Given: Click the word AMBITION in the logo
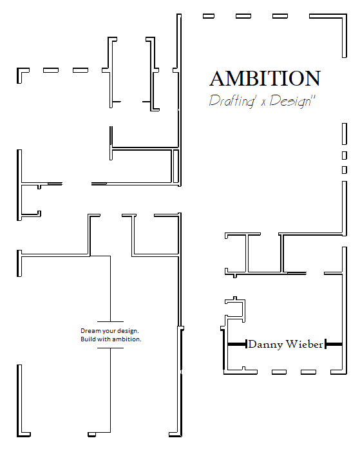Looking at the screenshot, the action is tap(265, 79).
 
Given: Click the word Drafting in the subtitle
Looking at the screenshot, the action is tap(232, 101).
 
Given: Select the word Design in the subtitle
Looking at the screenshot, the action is tap(290, 101).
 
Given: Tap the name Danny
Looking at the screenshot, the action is tap(265, 345).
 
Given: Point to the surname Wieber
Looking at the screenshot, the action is tap(304, 344).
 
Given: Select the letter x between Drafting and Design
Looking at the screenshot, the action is tap(263, 102).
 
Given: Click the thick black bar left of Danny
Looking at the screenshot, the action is tap(237, 345).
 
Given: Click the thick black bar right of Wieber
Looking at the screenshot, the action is tap(334, 345).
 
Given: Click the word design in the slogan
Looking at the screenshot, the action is tap(128, 331).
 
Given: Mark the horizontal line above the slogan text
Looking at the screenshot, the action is tap(110, 321).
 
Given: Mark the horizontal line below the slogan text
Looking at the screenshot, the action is tap(110, 348).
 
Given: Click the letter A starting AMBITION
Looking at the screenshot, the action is tap(217, 79).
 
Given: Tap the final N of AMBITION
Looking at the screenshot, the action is tap(313, 79).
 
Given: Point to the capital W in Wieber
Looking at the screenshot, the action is tap(292, 344).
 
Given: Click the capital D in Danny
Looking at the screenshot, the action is tap(252, 344).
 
